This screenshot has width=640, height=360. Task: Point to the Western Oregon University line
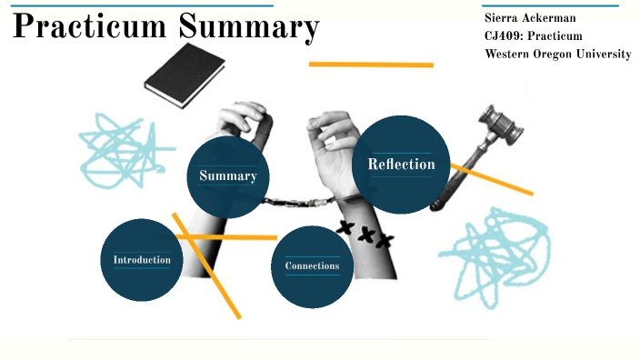pos(557,55)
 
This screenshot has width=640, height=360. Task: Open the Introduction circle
pos(142,260)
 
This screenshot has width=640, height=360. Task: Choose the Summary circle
pos(227,176)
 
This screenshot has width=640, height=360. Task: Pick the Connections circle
pos(312,266)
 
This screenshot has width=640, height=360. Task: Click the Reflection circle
pos(401,165)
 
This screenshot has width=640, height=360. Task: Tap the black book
pos(185,70)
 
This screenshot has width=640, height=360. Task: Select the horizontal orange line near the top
pos(371,65)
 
